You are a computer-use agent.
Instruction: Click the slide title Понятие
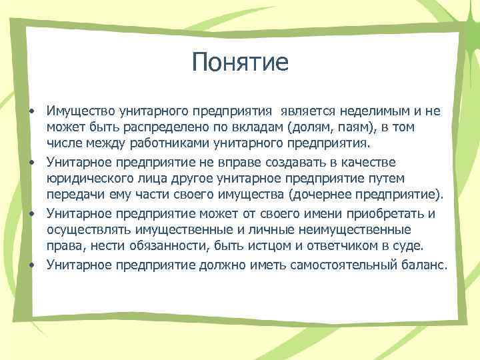coord(239,63)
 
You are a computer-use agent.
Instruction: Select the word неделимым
coord(371,110)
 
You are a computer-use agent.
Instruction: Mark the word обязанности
coord(174,247)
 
